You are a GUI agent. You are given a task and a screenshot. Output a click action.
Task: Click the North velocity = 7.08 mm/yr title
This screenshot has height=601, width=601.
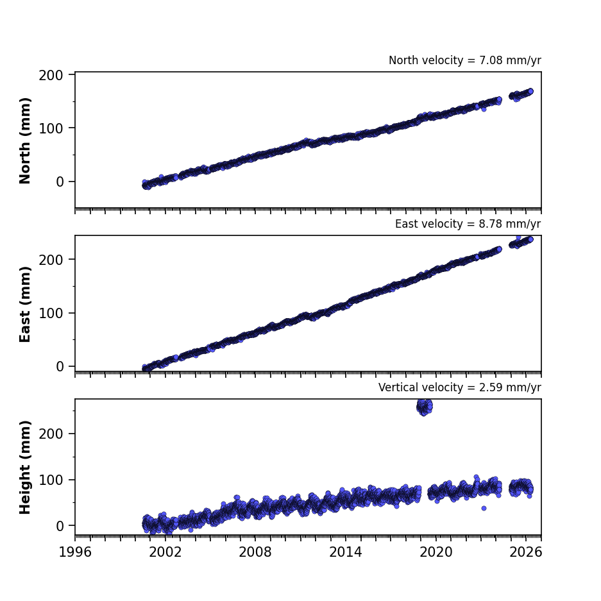pos(465,60)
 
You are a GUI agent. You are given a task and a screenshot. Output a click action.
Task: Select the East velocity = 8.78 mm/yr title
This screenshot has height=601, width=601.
pos(468,224)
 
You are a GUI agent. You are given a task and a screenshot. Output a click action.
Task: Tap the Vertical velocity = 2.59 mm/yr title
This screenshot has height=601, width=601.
pos(459,387)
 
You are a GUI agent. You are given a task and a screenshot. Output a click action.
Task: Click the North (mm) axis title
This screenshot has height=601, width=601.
pos(25,140)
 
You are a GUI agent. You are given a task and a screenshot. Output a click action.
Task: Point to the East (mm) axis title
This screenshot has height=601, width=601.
pos(25,304)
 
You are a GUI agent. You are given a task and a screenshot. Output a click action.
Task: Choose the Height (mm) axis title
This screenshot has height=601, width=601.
pos(25,467)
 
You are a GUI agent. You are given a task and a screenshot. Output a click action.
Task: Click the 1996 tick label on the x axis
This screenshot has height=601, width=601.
pos(75,552)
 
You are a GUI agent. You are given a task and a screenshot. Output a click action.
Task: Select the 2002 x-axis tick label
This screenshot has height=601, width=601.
pos(165,552)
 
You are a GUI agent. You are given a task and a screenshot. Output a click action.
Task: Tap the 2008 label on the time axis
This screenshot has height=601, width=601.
pos(255,552)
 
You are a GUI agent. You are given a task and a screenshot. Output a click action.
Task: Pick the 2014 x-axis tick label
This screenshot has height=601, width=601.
pos(345,552)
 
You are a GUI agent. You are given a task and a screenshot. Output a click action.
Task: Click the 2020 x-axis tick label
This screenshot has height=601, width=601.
pos(436,552)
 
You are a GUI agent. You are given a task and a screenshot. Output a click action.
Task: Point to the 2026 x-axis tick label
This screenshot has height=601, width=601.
pos(526,552)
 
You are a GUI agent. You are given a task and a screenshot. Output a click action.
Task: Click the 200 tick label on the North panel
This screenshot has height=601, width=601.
pos(51,75)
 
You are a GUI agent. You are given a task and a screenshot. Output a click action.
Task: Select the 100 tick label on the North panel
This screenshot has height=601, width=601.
pos(51,128)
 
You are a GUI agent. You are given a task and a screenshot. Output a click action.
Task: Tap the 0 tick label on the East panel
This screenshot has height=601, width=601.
pos(60,367)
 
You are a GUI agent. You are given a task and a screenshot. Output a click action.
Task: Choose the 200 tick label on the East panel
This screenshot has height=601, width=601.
pos(51,260)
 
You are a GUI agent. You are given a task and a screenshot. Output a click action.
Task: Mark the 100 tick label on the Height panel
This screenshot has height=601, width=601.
pos(51,480)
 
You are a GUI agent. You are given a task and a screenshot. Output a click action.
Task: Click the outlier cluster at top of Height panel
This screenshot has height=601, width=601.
pos(425,407)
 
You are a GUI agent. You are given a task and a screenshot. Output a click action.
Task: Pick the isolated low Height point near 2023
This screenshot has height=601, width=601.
pos(484,508)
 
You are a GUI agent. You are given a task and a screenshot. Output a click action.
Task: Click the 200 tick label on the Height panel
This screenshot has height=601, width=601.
pos(51,434)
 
